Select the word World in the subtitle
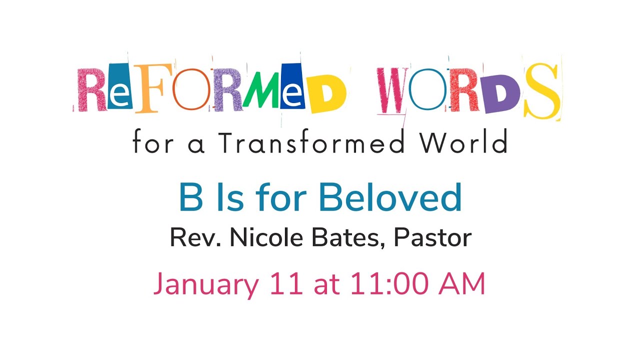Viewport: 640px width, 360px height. click(463, 143)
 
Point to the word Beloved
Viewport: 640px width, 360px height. click(390, 198)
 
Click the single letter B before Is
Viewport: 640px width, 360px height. click(189, 198)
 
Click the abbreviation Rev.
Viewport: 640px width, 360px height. click(195, 238)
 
